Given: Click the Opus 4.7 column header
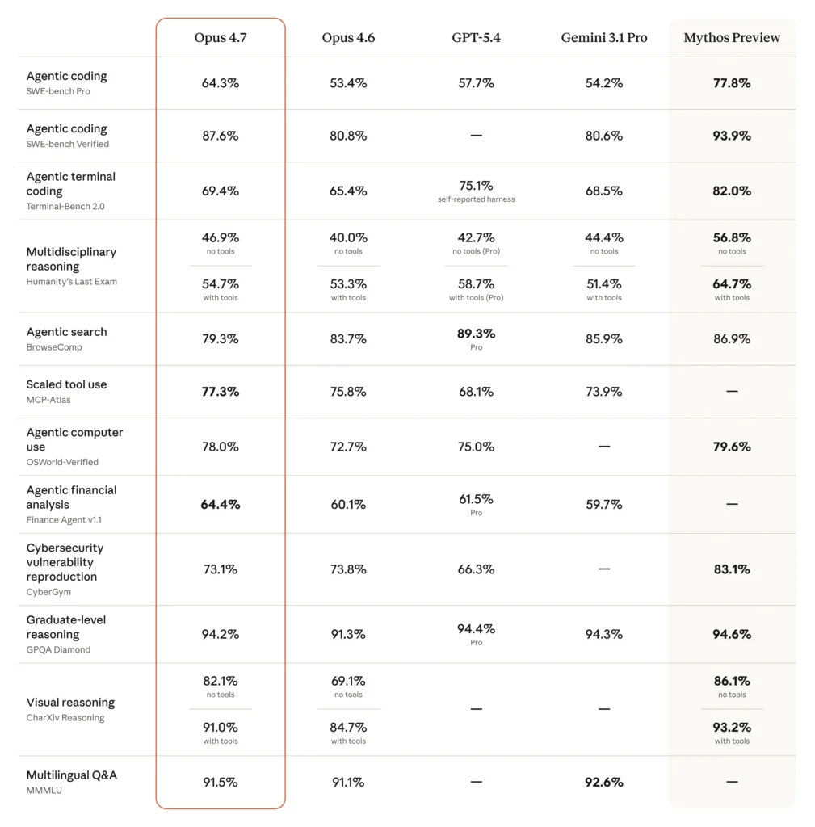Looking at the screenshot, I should pyautogui.click(x=221, y=38).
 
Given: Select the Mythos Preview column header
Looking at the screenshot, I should pyautogui.click(x=732, y=38).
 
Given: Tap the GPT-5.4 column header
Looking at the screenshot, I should pyautogui.click(x=476, y=38).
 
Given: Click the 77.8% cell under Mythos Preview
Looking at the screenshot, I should pyautogui.click(x=732, y=83).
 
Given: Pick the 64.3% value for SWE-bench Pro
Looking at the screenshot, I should pyautogui.click(x=221, y=83).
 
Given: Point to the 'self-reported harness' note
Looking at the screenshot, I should pyautogui.click(x=476, y=199).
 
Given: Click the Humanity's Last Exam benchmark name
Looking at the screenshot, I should pyautogui.click(x=71, y=282).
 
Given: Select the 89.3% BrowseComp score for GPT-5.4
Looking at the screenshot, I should pyautogui.click(x=476, y=334).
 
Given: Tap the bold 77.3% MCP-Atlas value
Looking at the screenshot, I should pyautogui.click(x=221, y=392).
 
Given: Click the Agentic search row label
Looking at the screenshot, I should pyautogui.click(x=66, y=332).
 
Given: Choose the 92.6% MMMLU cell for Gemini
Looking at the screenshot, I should pyautogui.click(x=604, y=782).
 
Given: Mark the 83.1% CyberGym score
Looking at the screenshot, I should pyautogui.click(x=732, y=569).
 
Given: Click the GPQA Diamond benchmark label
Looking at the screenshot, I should pyautogui.click(x=58, y=649).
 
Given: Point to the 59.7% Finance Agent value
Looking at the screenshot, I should pyautogui.click(x=604, y=505).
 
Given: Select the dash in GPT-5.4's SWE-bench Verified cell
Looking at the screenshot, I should pyautogui.click(x=476, y=136).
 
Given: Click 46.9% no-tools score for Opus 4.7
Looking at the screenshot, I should pyautogui.click(x=221, y=238).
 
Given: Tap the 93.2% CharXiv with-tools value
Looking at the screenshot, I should pyautogui.click(x=732, y=728).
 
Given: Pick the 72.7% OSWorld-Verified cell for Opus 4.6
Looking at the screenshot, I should pyautogui.click(x=348, y=447).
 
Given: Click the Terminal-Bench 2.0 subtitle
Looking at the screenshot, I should pyautogui.click(x=65, y=207).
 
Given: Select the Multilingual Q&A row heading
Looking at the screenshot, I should pyautogui.click(x=71, y=775).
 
